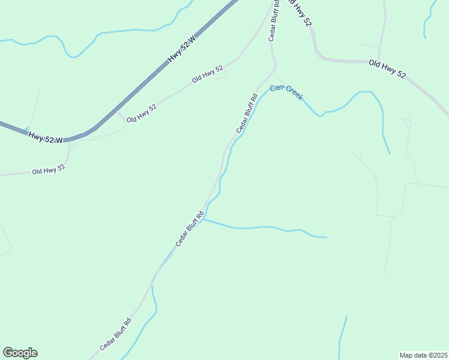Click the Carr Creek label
(x=286, y=92)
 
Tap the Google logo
(x=20, y=353)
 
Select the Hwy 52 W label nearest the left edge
(x=45, y=137)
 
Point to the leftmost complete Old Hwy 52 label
(x=48, y=170)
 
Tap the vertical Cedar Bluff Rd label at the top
(x=274, y=20)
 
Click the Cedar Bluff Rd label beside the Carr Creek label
(x=246, y=114)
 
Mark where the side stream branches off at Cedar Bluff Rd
(x=203, y=220)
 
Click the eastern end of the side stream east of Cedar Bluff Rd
(x=326, y=237)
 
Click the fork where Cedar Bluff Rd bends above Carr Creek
(x=275, y=70)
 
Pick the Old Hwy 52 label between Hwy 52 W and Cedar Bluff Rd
(x=208, y=74)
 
